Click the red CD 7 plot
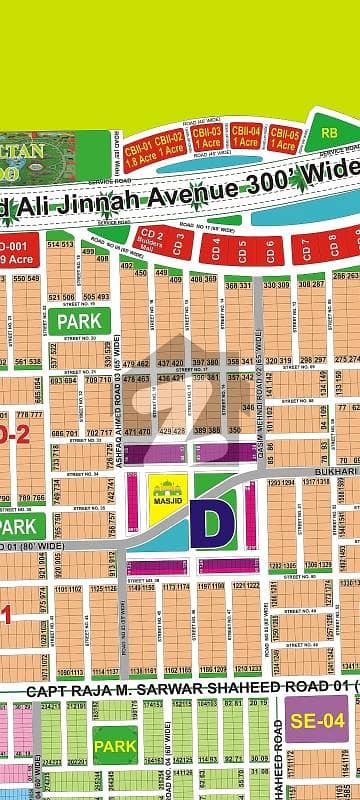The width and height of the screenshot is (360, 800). (x=304, y=244)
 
